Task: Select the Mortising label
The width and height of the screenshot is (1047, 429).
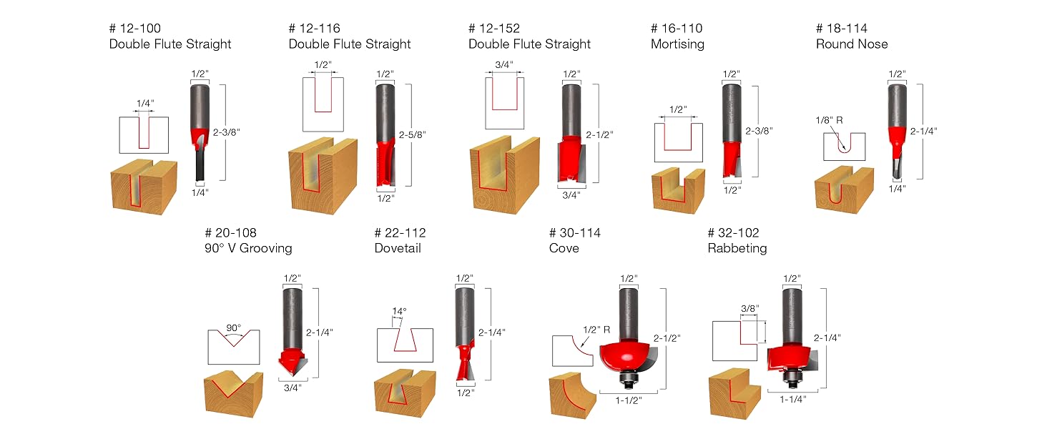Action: tap(677, 44)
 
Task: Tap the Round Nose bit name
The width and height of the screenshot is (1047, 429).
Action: tap(851, 44)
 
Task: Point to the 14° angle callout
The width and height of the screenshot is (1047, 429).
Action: tap(399, 312)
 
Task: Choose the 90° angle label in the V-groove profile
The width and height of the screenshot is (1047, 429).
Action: tap(234, 327)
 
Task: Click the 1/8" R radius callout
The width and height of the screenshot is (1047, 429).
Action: tap(829, 121)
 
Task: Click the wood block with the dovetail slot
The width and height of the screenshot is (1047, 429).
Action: tap(404, 393)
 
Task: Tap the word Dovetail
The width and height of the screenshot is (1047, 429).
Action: tap(398, 249)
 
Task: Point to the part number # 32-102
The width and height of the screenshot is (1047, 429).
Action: tap(733, 233)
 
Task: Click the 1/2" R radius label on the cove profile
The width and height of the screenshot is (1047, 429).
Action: tap(595, 330)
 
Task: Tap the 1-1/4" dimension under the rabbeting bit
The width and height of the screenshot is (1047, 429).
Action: tap(794, 400)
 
